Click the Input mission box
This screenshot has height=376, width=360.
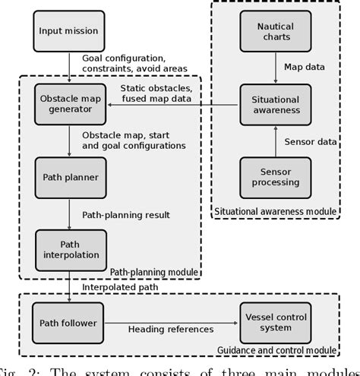coord(69,31)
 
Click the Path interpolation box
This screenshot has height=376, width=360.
coord(69,248)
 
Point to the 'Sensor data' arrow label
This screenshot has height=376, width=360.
coord(310,142)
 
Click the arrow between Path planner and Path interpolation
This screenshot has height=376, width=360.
coord(69,215)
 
